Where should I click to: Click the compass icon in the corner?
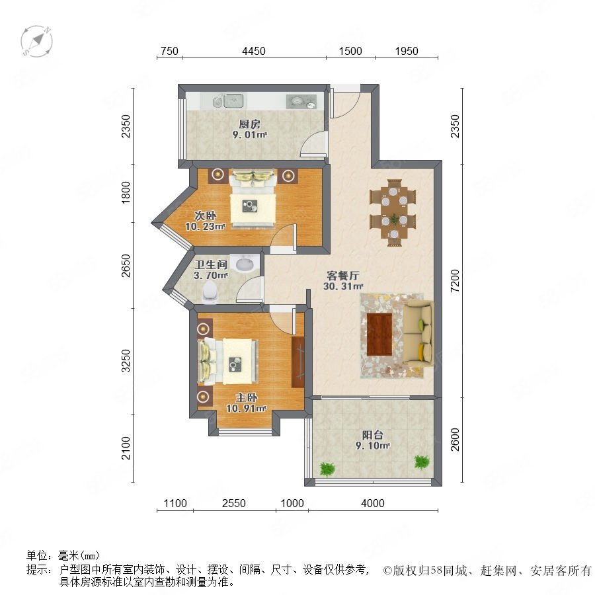coord(36,41)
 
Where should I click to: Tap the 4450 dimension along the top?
coord(253,51)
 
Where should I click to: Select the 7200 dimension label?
coord(455,280)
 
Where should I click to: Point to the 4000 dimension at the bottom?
coord(373,503)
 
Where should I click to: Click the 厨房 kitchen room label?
coord(249,124)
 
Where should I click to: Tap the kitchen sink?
coord(233,101)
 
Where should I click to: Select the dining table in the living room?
coord(393,213)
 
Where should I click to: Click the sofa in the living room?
coord(418,334)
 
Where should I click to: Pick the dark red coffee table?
coord(379,335)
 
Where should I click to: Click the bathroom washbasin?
coord(244,263)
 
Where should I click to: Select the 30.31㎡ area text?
coord(343,286)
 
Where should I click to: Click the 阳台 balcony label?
coord(372,435)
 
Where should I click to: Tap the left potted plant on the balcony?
coord(327,469)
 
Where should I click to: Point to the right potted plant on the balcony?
coord(422,462)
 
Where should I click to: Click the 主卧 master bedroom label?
coord(247,398)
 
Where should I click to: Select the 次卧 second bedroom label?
coord(206,216)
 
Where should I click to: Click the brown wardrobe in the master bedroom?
coord(298,362)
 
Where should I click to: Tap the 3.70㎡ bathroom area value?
coord(211,275)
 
